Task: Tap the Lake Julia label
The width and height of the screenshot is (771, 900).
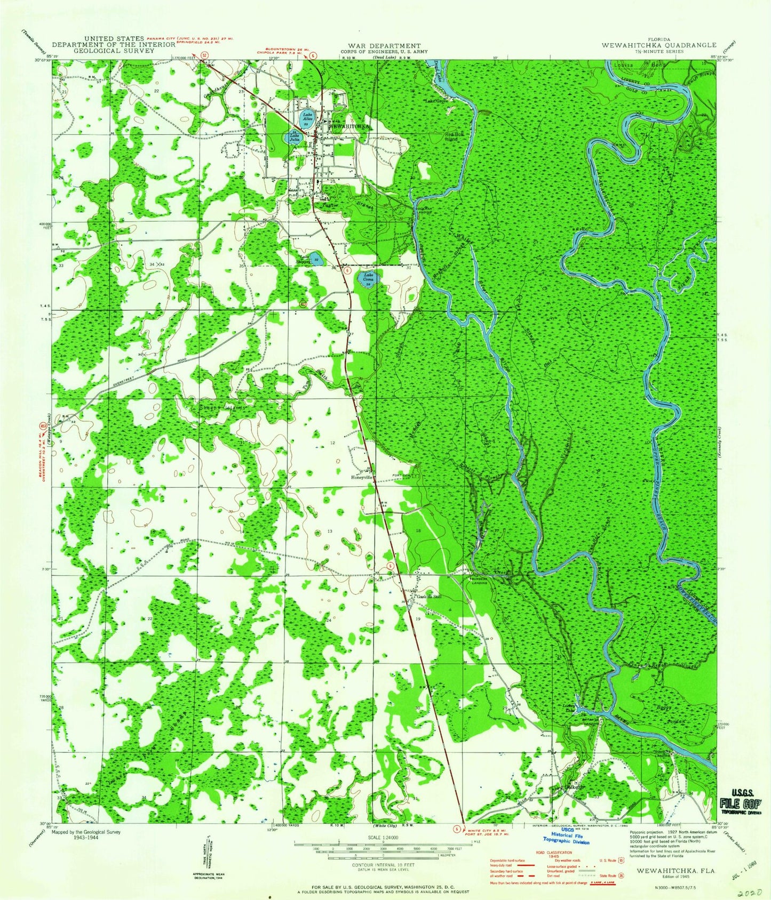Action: coord(295,137)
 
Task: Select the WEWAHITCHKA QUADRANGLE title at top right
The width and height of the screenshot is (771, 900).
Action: coord(659,46)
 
